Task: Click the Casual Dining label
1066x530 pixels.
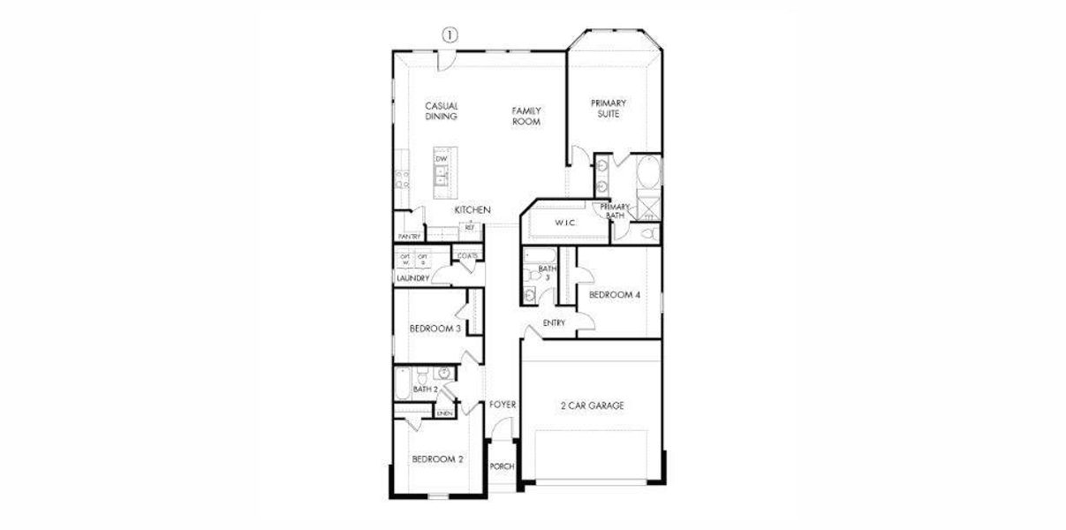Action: pyautogui.click(x=441, y=110)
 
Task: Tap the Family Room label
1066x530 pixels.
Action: pyautogui.click(x=526, y=116)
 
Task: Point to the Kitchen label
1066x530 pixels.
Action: pyautogui.click(x=473, y=210)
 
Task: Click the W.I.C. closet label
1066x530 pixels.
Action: pyautogui.click(x=565, y=223)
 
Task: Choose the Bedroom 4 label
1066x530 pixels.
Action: pyautogui.click(x=614, y=295)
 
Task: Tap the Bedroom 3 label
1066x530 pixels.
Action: pyautogui.click(x=435, y=329)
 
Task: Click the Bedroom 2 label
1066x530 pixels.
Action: pyautogui.click(x=437, y=459)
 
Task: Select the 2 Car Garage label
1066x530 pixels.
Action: pyautogui.click(x=592, y=405)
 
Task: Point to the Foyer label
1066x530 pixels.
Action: pyautogui.click(x=503, y=405)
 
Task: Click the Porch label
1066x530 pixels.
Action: pyautogui.click(x=502, y=466)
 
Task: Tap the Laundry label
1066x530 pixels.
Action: pyautogui.click(x=412, y=278)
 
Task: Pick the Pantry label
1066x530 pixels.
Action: pyautogui.click(x=409, y=237)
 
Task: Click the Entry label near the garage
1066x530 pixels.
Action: pyautogui.click(x=554, y=322)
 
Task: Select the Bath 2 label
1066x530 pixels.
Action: pyautogui.click(x=426, y=389)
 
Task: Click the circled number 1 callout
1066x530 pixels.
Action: pyautogui.click(x=450, y=35)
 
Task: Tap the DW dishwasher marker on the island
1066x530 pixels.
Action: pyautogui.click(x=441, y=158)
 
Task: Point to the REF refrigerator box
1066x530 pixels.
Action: pyautogui.click(x=470, y=228)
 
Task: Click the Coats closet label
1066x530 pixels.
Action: pyautogui.click(x=468, y=256)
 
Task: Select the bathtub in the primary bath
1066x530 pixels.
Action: pyautogui.click(x=647, y=170)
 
